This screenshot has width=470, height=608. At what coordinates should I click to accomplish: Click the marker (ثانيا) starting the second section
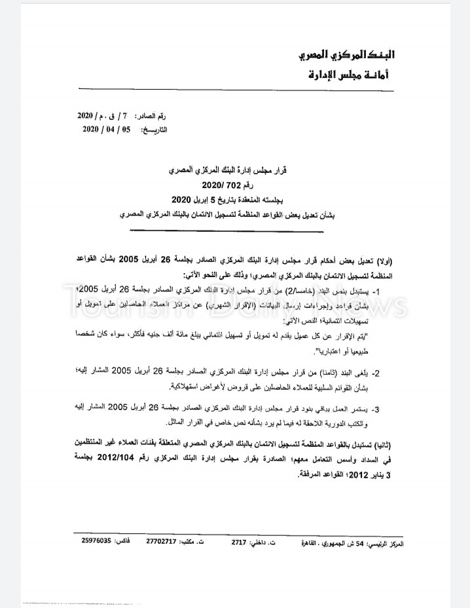pyautogui.click(x=391, y=443)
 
